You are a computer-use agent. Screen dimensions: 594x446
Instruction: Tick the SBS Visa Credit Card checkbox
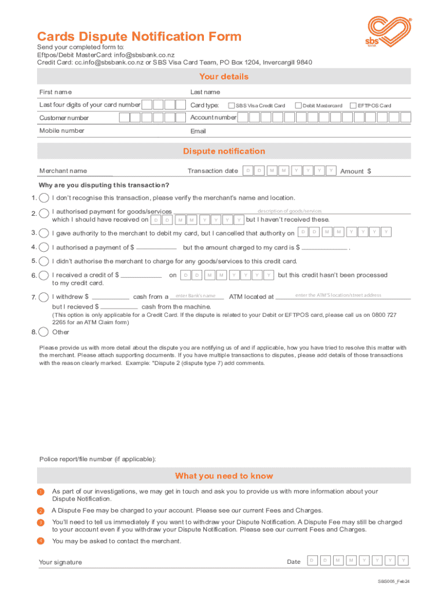click(232, 106)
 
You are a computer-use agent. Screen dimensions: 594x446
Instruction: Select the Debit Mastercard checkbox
click(298, 106)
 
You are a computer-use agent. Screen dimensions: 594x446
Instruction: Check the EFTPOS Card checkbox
click(353, 106)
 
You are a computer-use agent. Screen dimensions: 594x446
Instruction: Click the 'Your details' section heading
click(224, 77)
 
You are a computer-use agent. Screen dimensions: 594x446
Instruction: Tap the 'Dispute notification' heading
click(224, 151)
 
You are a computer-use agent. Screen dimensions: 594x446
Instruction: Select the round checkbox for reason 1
click(43, 198)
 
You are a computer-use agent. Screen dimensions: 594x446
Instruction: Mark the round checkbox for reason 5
click(43, 262)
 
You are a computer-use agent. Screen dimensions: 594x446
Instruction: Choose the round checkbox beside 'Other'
click(43, 332)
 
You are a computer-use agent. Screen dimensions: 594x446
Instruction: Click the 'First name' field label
click(56, 92)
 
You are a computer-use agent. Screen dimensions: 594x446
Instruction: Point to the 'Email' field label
click(198, 131)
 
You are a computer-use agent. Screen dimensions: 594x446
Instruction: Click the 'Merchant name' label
click(63, 171)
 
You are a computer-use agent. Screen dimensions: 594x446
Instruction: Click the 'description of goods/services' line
click(290, 211)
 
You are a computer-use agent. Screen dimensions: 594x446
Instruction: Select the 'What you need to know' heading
click(224, 476)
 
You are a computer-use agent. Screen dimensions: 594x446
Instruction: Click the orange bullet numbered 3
click(41, 523)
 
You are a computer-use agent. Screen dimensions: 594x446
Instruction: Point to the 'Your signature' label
click(60, 562)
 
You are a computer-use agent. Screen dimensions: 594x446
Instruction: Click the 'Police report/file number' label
click(97, 459)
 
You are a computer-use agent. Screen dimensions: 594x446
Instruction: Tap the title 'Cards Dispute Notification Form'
click(139, 37)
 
